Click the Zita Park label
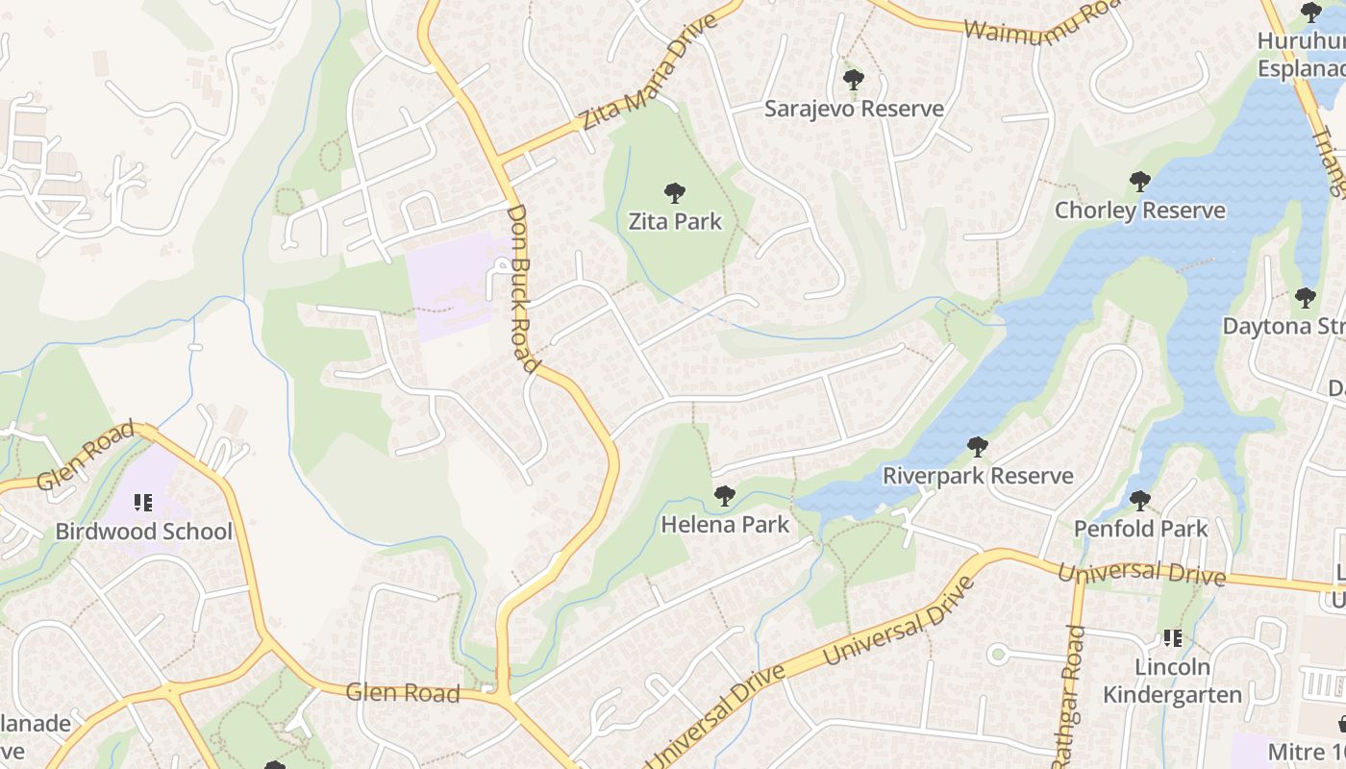pos(675,222)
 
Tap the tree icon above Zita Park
pos(675,193)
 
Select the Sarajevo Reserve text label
pos(854,109)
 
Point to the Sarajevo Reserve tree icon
pos(853,80)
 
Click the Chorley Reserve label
pos(1140,211)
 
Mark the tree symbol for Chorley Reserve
pos(1140,182)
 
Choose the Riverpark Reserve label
pos(978,476)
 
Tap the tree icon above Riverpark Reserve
pos(978,447)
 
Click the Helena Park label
pos(725,525)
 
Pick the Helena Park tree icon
pos(725,496)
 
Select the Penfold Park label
pos(1140,529)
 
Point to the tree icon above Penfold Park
pos(1140,500)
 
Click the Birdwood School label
pos(144,532)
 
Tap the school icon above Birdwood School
pos(143,503)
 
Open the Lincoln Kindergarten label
pos(1172,681)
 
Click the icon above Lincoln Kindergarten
pos(1172,638)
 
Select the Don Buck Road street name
pos(521,287)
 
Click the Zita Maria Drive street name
pos(650,72)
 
